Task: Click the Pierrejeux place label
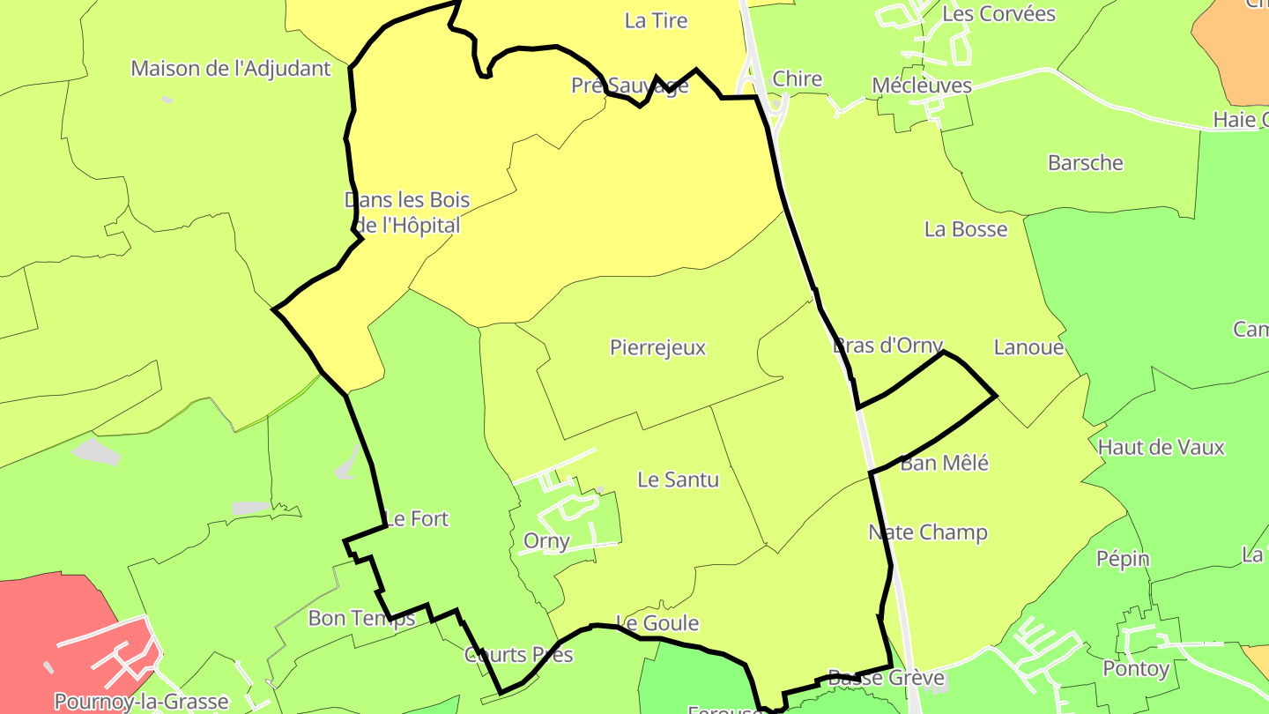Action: click(x=657, y=347)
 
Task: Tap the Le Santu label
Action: click(x=678, y=480)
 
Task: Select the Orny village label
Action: click(x=546, y=540)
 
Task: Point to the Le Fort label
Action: click(x=418, y=518)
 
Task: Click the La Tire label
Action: click(x=656, y=20)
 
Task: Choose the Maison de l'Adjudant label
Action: click(x=231, y=68)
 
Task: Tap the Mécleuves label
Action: click(x=921, y=86)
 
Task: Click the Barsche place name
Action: click(x=1085, y=163)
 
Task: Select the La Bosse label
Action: click(x=965, y=229)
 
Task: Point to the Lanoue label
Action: click(x=1028, y=347)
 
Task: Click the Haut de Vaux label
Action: click(x=1161, y=447)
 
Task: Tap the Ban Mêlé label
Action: click(x=944, y=463)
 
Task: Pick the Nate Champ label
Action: click(x=927, y=532)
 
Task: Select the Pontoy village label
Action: click(x=1136, y=669)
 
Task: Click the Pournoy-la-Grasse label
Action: click(x=141, y=702)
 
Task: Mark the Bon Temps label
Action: click(x=361, y=618)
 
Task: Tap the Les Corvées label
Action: click(x=998, y=14)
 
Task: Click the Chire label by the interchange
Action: click(x=797, y=79)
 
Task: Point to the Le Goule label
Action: click(x=657, y=623)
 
